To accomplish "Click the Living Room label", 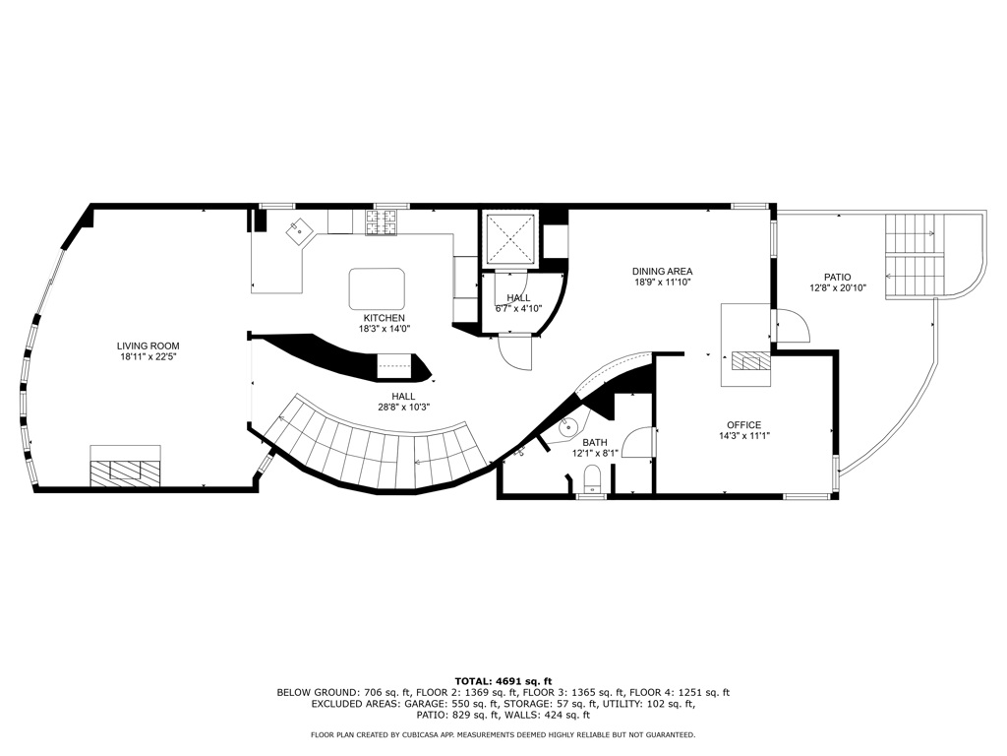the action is click(148, 346).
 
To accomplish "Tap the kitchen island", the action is click(377, 288).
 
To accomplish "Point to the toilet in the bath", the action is click(592, 480).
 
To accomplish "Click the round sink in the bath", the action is click(567, 425).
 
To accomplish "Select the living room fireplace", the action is click(125, 465).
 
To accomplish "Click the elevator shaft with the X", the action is click(510, 238).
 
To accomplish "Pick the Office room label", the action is click(743, 425).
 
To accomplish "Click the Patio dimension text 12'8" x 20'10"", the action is click(838, 288).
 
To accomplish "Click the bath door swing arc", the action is click(638, 442).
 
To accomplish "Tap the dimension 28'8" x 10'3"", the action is click(403, 407).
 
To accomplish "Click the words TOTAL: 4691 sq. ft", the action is click(503, 681).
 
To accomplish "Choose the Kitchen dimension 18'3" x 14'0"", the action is click(385, 328).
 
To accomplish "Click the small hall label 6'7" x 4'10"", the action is click(518, 308).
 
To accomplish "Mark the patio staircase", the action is click(916, 256).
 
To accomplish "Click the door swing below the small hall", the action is click(515, 352).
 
